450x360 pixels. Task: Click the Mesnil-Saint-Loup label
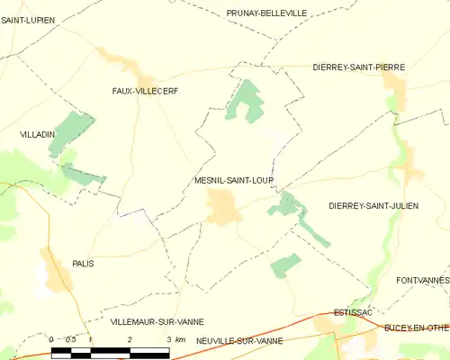(x=233, y=180)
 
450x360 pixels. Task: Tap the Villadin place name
(x=38, y=133)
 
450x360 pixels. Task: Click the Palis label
(x=83, y=263)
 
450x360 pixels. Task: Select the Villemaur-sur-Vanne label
(x=157, y=321)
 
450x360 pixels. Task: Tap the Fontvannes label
(x=422, y=281)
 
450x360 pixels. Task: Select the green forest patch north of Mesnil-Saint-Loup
(x=244, y=101)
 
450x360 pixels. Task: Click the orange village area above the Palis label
(x=56, y=270)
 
